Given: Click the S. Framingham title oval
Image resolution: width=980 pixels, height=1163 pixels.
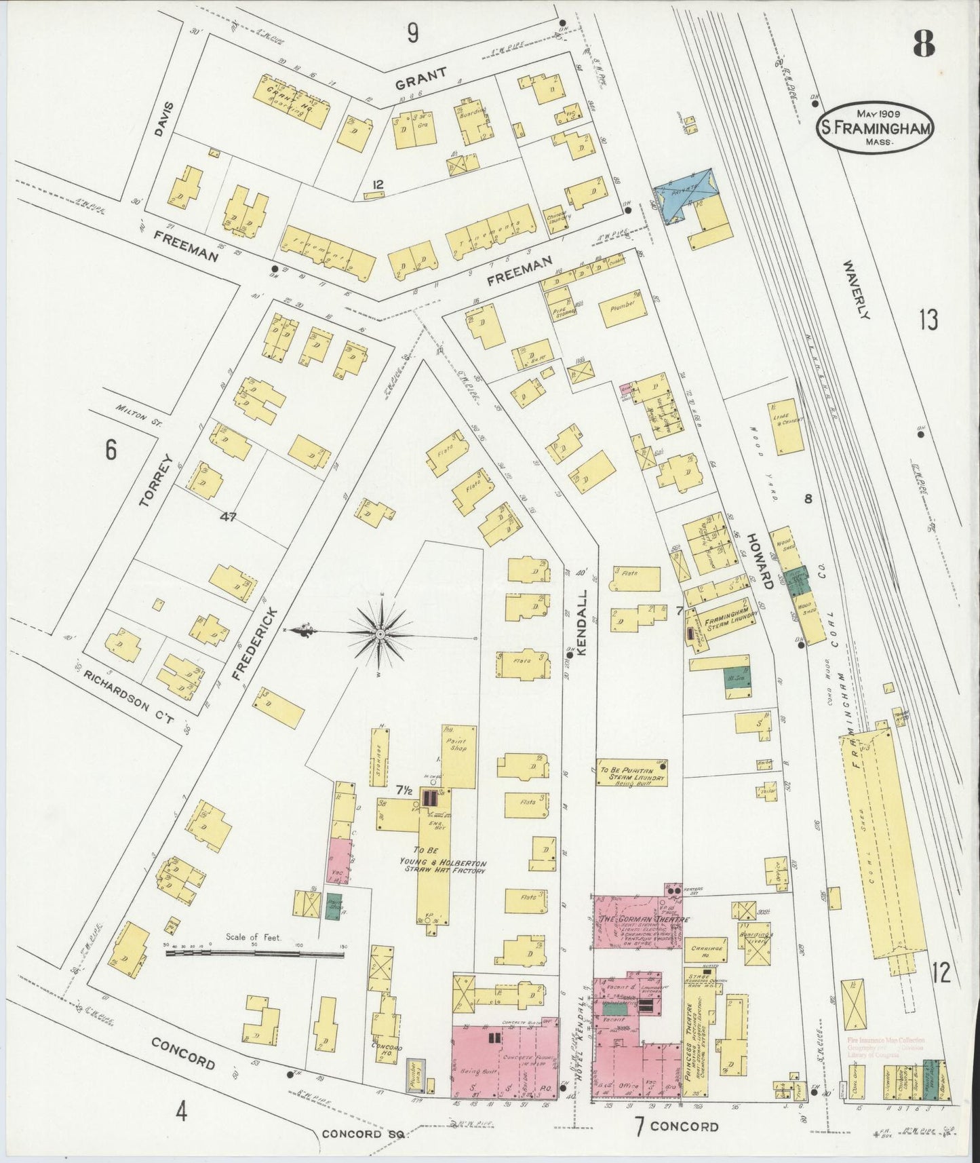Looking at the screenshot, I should click(876, 128).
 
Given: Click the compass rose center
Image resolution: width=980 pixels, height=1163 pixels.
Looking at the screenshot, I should click(380, 633).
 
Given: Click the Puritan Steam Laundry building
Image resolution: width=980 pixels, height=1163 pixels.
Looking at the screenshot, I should click(631, 771).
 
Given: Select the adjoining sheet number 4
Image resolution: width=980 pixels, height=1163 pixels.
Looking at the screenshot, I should click(181, 1111).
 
